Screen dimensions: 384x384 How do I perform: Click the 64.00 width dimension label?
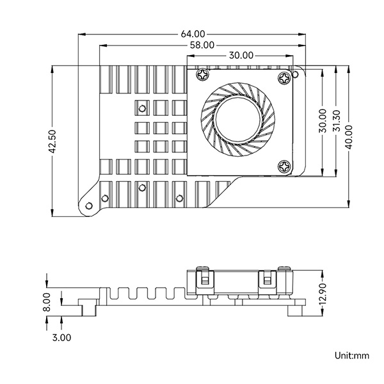[x=193, y=34]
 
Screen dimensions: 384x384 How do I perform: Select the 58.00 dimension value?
[x=202, y=45]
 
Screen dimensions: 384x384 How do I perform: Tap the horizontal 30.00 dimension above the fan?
[x=241, y=55]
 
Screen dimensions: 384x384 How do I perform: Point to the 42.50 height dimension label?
[x=52, y=141]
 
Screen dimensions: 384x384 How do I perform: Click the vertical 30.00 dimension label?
[x=323, y=121]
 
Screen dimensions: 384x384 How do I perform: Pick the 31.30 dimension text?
[x=337, y=121]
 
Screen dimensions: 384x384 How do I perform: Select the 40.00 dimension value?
[x=349, y=137]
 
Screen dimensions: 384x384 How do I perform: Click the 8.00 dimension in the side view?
[x=47, y=302]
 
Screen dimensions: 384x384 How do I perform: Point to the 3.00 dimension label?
[x=61, y=337]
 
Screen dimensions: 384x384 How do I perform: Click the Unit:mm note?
[x=351, y=355]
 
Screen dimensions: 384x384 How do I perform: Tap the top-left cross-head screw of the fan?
[x=203, y=74]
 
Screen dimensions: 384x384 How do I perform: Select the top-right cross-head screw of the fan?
[x=284, y=78]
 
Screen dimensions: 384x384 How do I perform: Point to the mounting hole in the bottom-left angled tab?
[x=89, y=205]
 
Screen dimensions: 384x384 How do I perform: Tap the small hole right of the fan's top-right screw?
[x=296, y=74]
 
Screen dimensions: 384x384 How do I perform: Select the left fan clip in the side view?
[x=205, y=280]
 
